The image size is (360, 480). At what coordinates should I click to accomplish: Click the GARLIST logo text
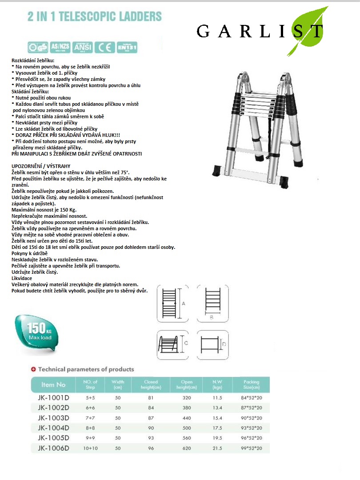pos(260,31)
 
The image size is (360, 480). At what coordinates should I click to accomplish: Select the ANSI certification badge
pos(83,47)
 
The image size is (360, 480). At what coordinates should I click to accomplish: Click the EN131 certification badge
pos(127,47)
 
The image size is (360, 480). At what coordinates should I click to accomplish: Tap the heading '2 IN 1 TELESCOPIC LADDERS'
pos(95,17)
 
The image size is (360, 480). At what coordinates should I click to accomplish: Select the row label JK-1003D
pos(53,418)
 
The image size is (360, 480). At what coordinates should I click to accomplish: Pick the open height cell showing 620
pos(187,448)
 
